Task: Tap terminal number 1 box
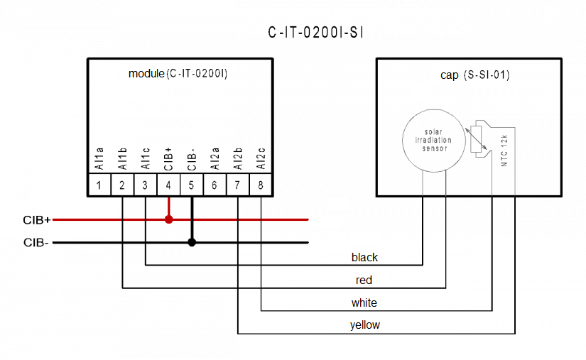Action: pos(99,185)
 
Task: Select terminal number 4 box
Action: pos(168,185)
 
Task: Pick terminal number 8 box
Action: pos(261,185)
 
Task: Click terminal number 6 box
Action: pos(215,185)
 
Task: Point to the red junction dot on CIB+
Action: pos(168,219)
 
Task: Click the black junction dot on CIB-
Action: pos(192,242)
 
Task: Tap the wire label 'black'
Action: pos(364,257)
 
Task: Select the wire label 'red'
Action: pos(364,280)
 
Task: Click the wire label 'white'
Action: pos(364,302)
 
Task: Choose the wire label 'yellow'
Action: pos(364,325)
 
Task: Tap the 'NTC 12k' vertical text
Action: pos(504,149)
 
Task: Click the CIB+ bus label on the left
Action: pos(37,220)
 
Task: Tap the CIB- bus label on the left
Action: pos(36,243)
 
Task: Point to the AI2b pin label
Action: pos(238,158)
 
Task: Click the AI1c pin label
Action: pos(146,158)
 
